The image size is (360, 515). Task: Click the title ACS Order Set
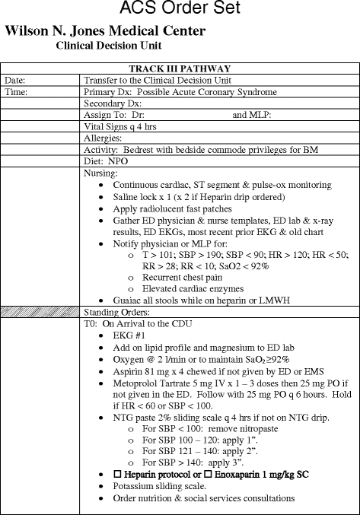(x=180, y=10)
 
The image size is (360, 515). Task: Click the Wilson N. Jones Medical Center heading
(x=105, y=31)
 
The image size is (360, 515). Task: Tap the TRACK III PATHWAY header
(x=180, y=68)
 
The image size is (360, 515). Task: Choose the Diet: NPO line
(x=106, y=162)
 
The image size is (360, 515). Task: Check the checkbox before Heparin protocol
(x=117, y=474)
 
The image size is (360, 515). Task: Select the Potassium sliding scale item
(x=159, y=486)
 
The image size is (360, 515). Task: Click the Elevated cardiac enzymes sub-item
(x=188, y=289)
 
